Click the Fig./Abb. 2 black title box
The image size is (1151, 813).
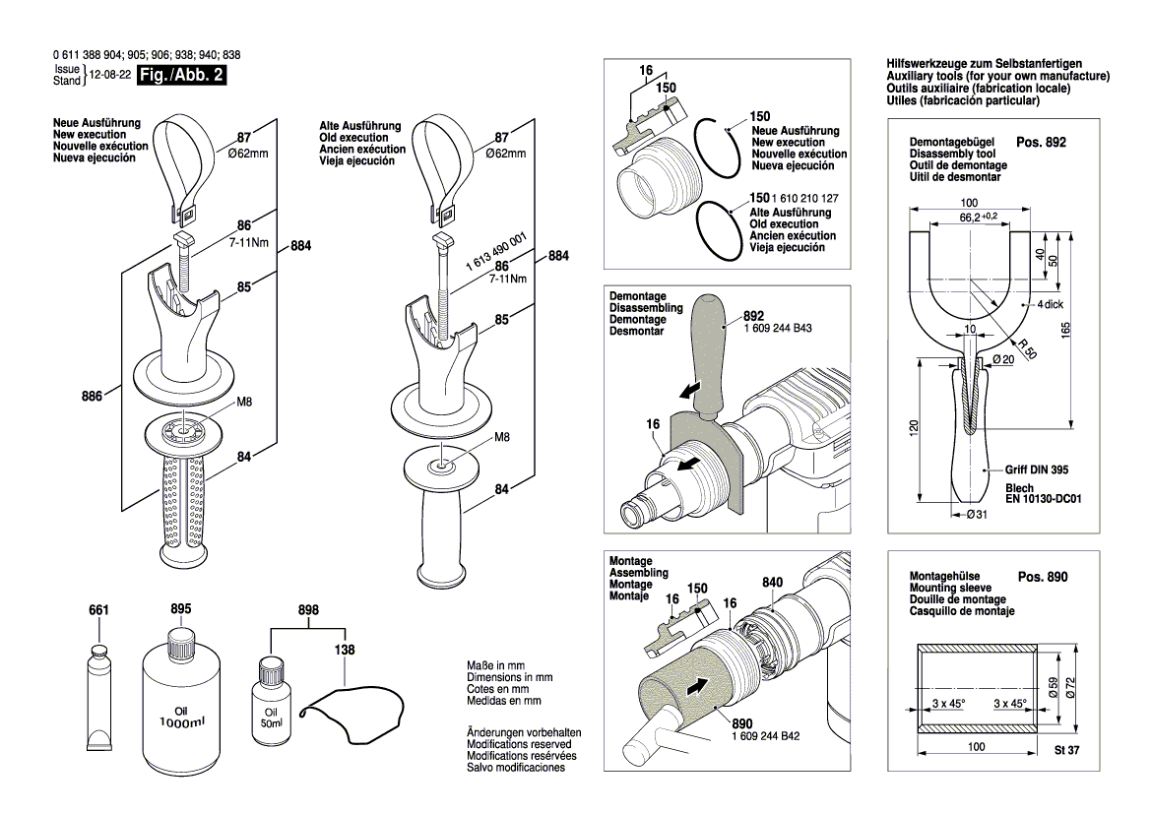(181, 75)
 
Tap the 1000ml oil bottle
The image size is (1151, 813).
(180, 694)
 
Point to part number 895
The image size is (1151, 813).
(180, 609)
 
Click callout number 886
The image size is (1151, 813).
(92, 397)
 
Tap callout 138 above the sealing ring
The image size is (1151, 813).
(345, 650)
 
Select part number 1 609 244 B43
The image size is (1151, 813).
(778, 328)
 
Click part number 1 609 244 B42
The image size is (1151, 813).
(766, 736)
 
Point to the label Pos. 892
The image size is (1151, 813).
(1041, 143)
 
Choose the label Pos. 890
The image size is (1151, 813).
(1043, 577)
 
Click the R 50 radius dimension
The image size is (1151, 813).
(1028, 348)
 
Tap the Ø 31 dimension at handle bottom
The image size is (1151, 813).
(977, 515)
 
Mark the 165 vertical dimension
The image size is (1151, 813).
(1066, 330)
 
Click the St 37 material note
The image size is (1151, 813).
(1066, 750)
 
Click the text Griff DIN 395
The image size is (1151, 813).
(1037, 469)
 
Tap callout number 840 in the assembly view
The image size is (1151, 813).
(772, 583)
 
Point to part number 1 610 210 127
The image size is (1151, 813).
(804, 198)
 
